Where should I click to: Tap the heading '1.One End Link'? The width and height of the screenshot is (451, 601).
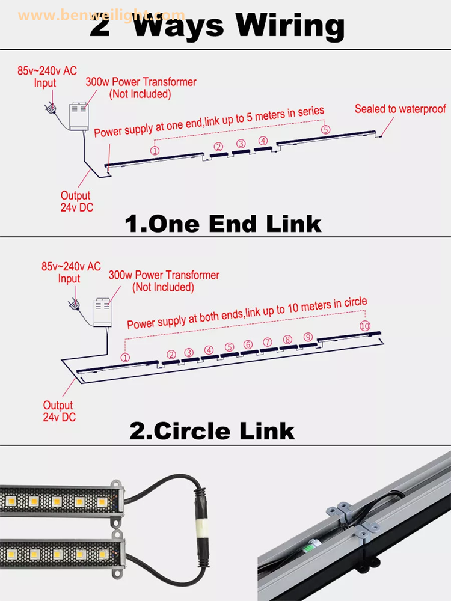223,224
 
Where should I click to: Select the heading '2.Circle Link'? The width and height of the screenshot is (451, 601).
212,431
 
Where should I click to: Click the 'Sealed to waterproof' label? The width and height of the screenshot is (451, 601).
400,109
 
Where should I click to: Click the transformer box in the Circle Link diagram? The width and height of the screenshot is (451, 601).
102,313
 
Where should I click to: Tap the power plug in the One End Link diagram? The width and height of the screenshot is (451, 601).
51,108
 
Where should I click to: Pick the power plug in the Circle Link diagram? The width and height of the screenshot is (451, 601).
74,305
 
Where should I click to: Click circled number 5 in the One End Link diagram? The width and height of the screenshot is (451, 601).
325,129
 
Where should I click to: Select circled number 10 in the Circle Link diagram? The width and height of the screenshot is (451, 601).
365,326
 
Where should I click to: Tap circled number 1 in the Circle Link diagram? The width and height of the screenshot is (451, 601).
125,358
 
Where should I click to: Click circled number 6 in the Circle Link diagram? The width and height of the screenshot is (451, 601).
248,344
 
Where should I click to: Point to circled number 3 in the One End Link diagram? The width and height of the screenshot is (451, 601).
241,144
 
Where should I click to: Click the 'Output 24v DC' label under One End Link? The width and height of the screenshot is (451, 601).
77,201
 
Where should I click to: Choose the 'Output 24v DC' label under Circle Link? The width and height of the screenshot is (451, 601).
59,411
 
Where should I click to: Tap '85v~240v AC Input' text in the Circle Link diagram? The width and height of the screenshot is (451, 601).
71,272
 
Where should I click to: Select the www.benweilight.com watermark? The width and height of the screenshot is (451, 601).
101,16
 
